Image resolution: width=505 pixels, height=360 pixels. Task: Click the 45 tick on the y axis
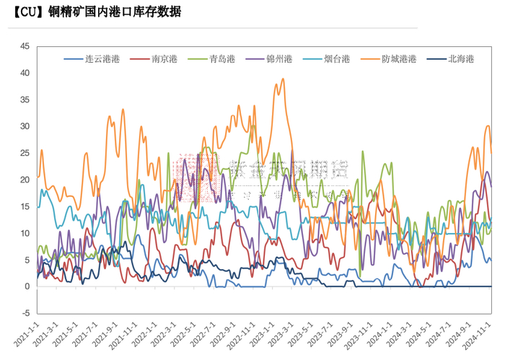point(25,46)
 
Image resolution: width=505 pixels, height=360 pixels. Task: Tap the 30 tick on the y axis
point(25,126)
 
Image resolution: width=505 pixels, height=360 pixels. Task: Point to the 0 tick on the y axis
point(27,286)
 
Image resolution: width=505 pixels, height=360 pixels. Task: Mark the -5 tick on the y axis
point(25,313)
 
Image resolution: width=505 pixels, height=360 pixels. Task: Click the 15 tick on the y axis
point(25,206)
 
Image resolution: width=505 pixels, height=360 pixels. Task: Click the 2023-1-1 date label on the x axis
point(252,335)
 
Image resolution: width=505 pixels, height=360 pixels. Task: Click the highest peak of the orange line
point(283,79)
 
